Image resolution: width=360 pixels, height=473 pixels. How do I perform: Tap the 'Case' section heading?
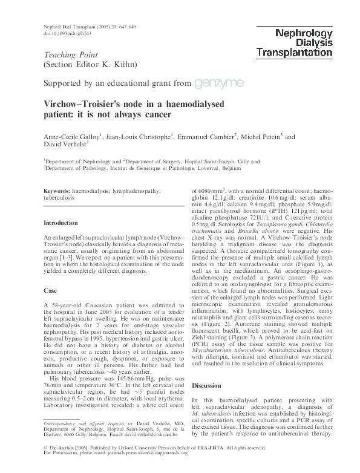pyautogui.click(x=50, y=291)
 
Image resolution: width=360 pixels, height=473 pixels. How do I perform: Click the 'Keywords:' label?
pyautogui.click(x=58, y=191)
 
